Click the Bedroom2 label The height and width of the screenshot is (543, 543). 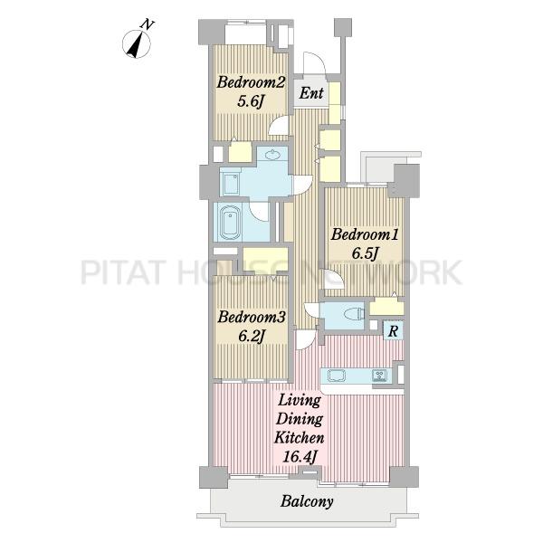[251, 82]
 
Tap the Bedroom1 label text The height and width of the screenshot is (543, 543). [365, 234]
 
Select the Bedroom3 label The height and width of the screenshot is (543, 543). [252, 317]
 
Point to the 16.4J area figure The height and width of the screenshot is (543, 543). [300, 457]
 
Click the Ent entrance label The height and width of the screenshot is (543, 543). [311, 93]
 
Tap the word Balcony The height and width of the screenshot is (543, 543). [307, 501]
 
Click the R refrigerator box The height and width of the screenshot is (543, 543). [393, 330]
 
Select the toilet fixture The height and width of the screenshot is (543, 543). [355, 314]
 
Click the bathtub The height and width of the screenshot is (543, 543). [230, 222]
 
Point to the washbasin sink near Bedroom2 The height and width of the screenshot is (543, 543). [273, 155]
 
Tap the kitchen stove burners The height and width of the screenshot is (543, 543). [379, 376]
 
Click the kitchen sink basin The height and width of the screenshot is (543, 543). [337, 376]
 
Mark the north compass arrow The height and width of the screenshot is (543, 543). [136, 44]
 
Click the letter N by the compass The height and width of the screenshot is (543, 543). [147, 24]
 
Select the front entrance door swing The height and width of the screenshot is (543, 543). [314, 62]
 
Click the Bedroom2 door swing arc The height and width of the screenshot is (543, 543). [278, 125]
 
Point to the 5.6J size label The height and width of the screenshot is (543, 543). [251, 101]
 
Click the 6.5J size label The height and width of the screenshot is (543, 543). [365, 253]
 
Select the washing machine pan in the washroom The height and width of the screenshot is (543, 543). [230, 185]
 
